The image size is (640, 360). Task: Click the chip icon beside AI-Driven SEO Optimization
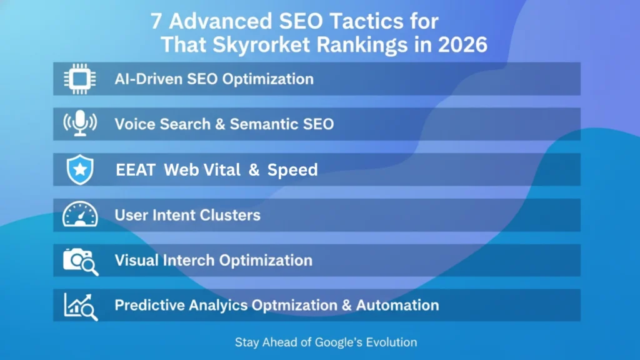coord(80,79)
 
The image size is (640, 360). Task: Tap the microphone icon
coord(80,124)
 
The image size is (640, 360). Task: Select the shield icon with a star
coord(79,169)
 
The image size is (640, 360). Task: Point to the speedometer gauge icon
coord(80,215)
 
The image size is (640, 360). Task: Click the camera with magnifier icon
coord(81,261)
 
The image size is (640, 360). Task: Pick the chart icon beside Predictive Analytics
coord(81,306)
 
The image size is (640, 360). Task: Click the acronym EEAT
coord(135,169)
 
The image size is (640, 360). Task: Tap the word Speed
coord(292,170)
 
